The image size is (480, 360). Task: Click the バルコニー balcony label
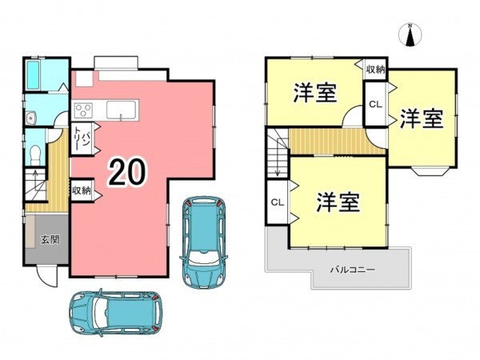tap(353, 270)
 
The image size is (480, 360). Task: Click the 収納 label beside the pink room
tap(82, 191)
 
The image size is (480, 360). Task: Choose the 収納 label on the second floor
tap(376, 70)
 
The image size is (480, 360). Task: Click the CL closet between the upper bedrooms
tap(375, 104)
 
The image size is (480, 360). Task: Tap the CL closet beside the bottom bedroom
tap(278, 202)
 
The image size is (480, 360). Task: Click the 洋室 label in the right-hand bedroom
tap(421, 118)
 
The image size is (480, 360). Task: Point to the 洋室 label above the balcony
tap(335, 202)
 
